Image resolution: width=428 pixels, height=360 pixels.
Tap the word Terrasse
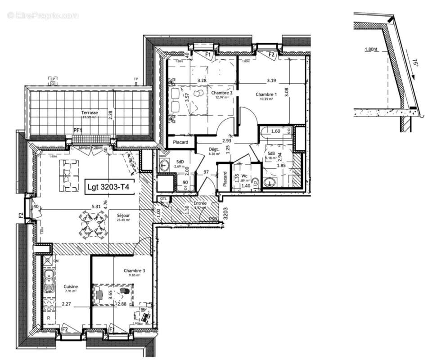pyautogui.click(x=90, y=112)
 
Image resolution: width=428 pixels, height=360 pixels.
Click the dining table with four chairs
pyautogui.click(x=94, y=224)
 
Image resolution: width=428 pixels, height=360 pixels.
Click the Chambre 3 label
pyautogui.click(x=135, y=270)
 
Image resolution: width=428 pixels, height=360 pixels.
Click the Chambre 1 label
pyautogui.click(x=266, y=94)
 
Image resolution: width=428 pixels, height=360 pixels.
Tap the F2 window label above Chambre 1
pyautogui.click(x=271, y=55)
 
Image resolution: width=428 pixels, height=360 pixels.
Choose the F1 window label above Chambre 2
pyautogui.click(x=208, y=55)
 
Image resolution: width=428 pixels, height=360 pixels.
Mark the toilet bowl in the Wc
pyautogui.click(x=255, y=183)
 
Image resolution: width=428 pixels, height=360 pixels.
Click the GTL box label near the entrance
pyautogui.click(x=161, y=198)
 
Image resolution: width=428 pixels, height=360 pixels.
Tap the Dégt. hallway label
pyautogui.click(x=213, y=149)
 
